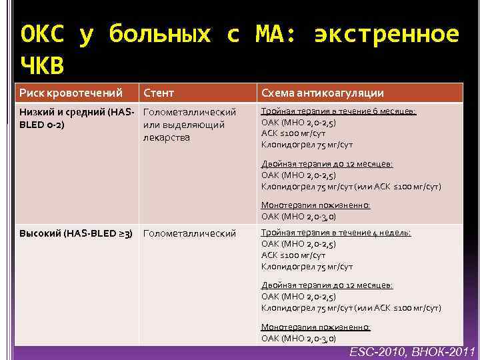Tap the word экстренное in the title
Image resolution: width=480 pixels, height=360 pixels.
386,33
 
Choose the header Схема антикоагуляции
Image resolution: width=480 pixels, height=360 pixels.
322,93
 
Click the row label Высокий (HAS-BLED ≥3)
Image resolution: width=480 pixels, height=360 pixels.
75,233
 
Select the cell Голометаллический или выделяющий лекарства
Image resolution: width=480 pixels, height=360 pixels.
190,125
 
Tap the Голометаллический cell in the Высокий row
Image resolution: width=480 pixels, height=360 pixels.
190,233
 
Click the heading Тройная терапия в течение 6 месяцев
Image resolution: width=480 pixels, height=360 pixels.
339,111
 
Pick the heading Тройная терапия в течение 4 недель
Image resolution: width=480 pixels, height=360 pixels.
336,232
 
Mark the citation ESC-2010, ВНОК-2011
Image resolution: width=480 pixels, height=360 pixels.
412,351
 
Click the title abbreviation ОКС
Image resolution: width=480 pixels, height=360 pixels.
43,33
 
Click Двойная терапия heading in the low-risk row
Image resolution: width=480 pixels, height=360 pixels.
327,164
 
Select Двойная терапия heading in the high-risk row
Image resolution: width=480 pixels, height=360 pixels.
327,285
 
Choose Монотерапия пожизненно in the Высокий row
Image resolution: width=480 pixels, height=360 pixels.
315,327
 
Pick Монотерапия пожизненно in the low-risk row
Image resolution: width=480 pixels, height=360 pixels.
315,205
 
